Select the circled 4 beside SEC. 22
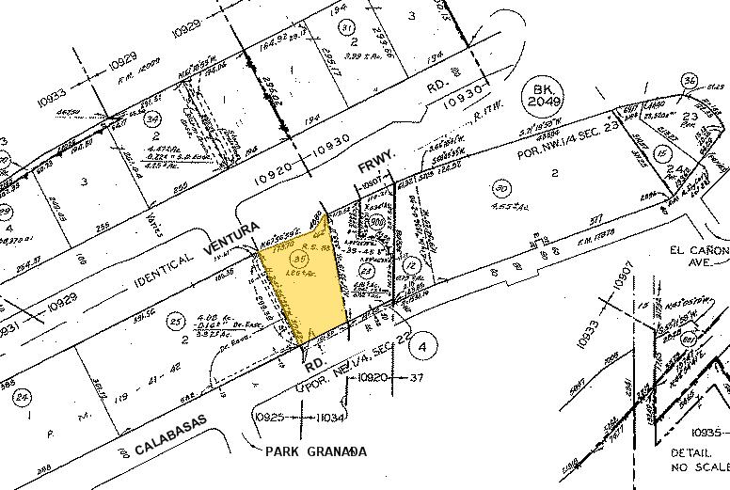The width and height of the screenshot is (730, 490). point(422,345)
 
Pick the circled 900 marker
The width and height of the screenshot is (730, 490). point(376,221)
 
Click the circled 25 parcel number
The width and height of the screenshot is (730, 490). point(173,323)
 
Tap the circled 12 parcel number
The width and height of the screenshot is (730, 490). point(410,268)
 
